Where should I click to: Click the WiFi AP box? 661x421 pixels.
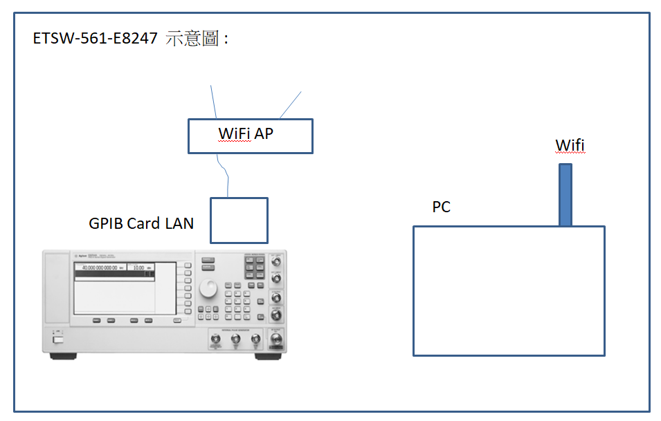(x=250, y=135)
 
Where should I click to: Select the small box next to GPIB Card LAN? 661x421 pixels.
(x=239, y=221)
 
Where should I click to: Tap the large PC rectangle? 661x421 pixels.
(x=509, y=290)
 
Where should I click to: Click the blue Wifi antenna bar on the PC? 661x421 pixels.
(x=565, y=194)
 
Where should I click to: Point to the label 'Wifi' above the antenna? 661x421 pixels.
(x=570, y=145)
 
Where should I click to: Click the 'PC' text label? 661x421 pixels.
(x=441, y=207)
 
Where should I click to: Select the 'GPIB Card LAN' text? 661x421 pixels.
(x=141, y=223)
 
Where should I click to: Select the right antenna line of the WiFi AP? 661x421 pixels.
(x=290, y=104)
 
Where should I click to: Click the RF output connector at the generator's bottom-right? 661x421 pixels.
(x=277, y=339)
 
